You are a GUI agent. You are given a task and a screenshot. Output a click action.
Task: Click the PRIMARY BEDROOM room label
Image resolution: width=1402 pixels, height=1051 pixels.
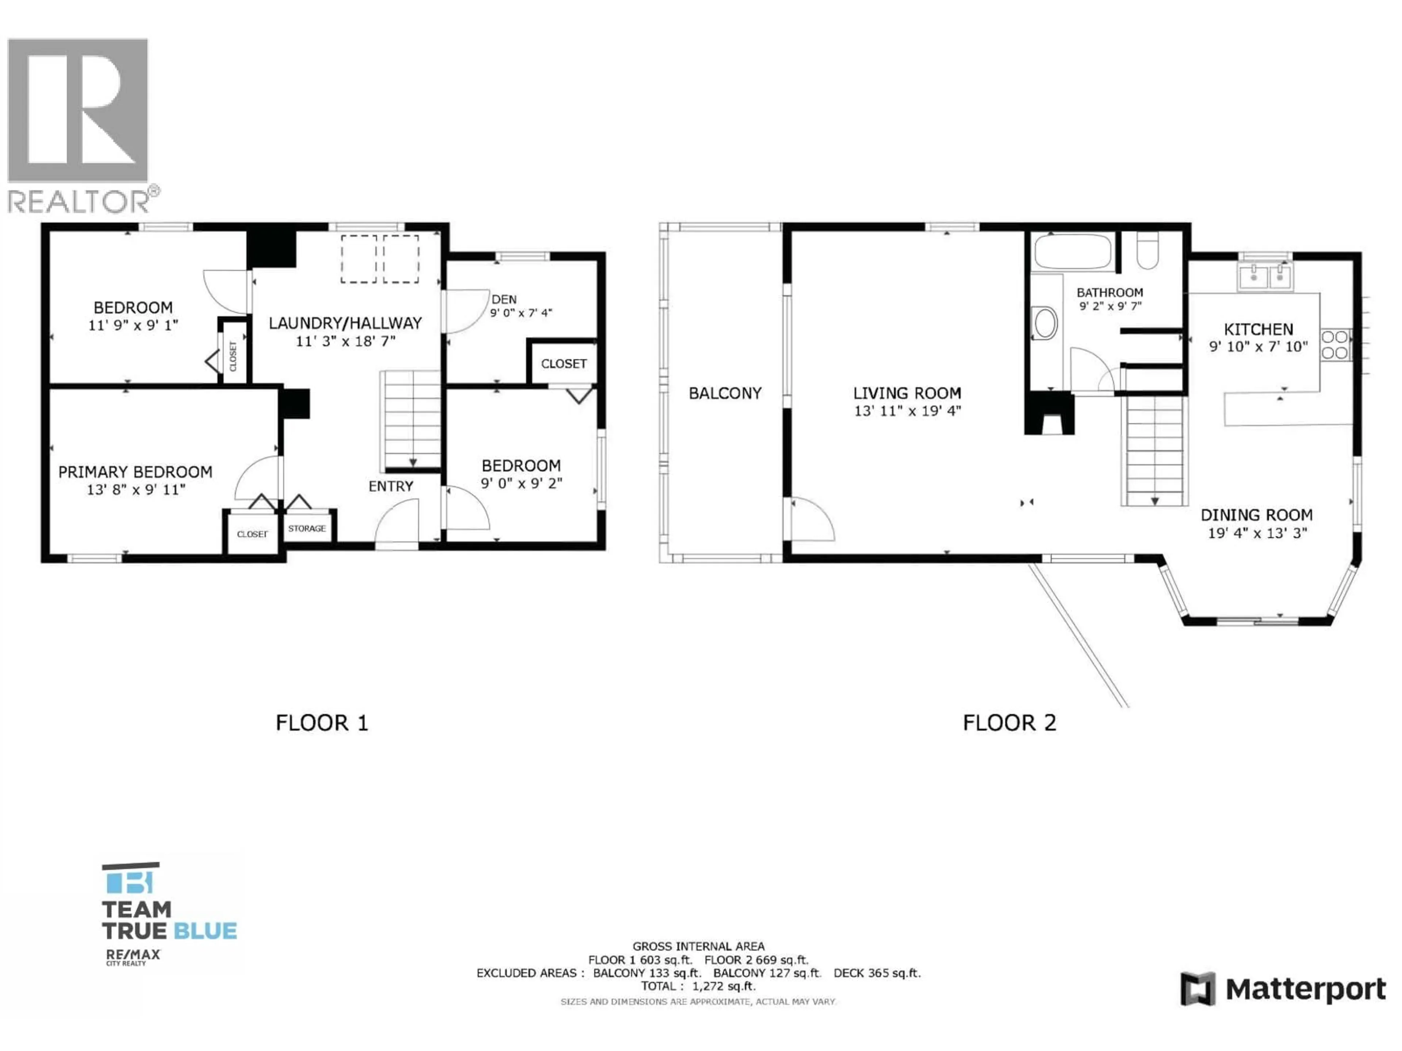click(x=135, y=472)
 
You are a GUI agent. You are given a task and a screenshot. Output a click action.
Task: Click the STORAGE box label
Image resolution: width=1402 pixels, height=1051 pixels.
click(x=307, y=528)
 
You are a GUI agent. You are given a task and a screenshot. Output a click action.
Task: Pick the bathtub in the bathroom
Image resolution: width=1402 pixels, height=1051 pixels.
click(x=1072, y=251)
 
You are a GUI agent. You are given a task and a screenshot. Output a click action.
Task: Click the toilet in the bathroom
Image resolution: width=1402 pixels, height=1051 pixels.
click(x=1148, y=251)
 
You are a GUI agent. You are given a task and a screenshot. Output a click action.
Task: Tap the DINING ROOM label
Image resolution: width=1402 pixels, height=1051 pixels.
click(x=1256, y=515)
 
